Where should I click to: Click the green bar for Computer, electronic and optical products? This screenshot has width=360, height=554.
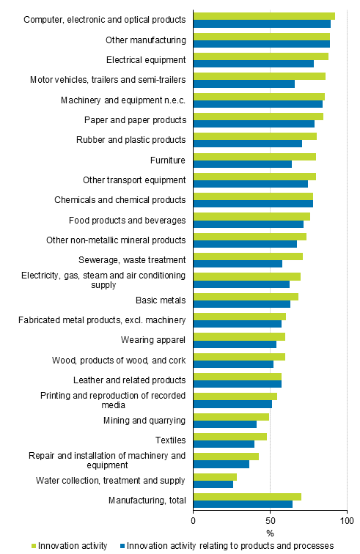click(x=264, y=16)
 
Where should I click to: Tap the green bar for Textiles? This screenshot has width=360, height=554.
click(x=230, y=437)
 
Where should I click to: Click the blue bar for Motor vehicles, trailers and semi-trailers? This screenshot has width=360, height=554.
click(x=244, y=84)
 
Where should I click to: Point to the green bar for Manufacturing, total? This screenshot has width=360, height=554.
click(x=247, y=497)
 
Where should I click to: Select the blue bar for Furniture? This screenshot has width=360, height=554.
click(x=243, y=164)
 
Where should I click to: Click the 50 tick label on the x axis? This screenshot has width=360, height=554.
click(x=270, y=521)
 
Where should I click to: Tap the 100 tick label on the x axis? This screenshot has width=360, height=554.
click(x=346, y=521)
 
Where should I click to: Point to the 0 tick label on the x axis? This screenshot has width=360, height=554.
click(x=194, y=521)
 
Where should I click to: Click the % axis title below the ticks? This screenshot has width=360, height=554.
click(x=270, y=533)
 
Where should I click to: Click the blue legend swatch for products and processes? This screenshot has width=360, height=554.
click(x=121, y=546)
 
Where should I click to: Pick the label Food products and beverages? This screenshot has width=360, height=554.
click(x=128, y=220)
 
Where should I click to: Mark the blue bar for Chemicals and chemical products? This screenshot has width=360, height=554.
click(x=253, y=204)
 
